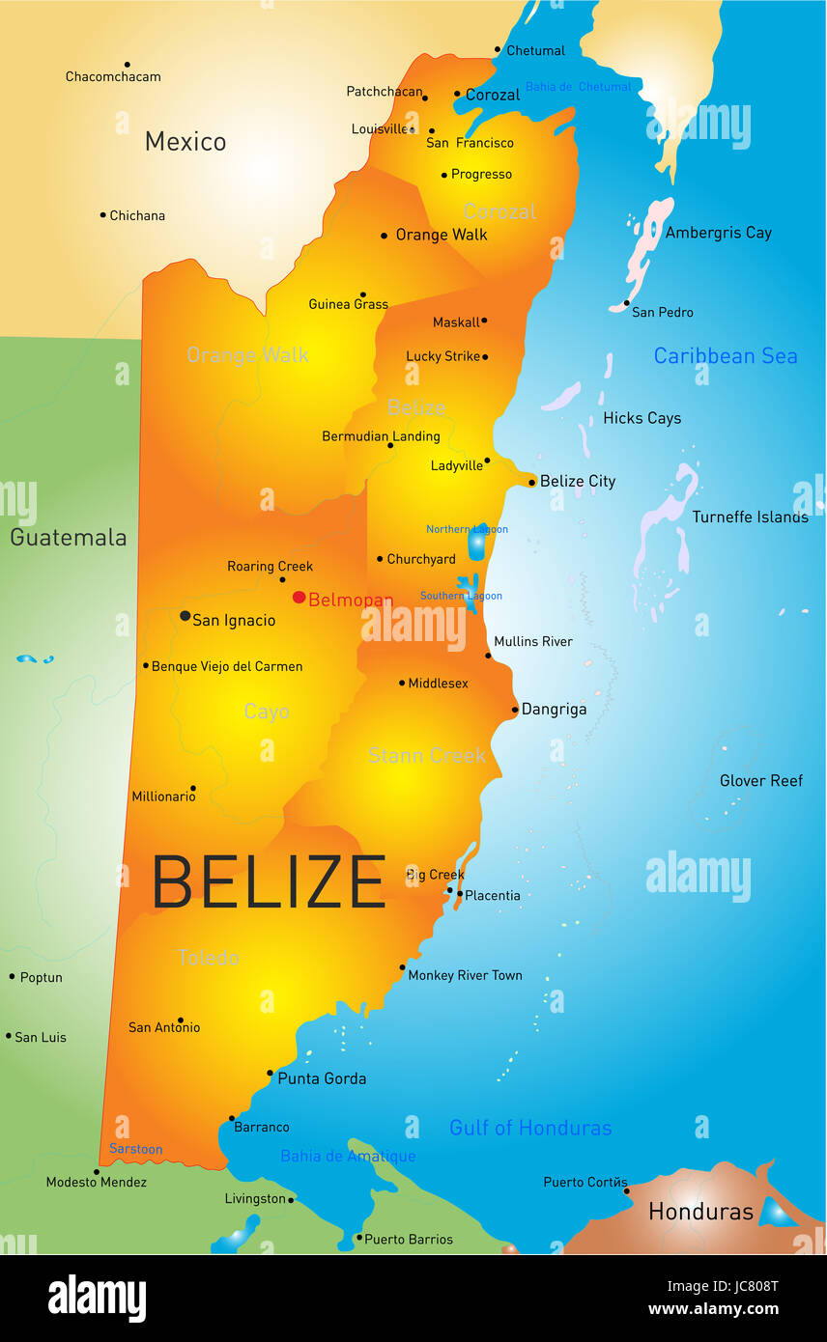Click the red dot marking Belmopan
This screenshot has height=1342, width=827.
(299, 597)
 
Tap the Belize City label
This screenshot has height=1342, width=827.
(577, 481)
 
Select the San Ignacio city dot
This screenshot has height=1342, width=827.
(185, 615)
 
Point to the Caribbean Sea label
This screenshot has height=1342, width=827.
(725, 355)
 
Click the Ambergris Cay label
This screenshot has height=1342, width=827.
(718, 233)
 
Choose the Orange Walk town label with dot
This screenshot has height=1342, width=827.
(441, 235)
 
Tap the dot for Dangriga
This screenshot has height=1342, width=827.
(515, 710)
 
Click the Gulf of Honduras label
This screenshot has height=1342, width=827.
(530, 1127)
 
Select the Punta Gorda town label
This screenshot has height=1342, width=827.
(322, 1078)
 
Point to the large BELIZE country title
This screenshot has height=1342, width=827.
(269, 881)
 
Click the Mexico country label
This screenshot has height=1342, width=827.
(185, 141)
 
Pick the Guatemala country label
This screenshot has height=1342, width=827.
(68, 537)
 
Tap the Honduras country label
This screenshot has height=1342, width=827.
(700, 1211)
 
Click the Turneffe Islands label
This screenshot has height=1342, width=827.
(750, 517)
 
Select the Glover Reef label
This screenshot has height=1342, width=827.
(760, 780)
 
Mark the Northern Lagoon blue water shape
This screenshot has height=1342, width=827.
(476, 544)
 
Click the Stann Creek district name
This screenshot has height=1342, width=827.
(426, 755)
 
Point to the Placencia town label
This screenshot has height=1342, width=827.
(492, 895)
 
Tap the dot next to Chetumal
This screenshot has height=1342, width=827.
(499, 49)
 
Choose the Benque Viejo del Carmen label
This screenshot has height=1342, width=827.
(226, 666)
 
